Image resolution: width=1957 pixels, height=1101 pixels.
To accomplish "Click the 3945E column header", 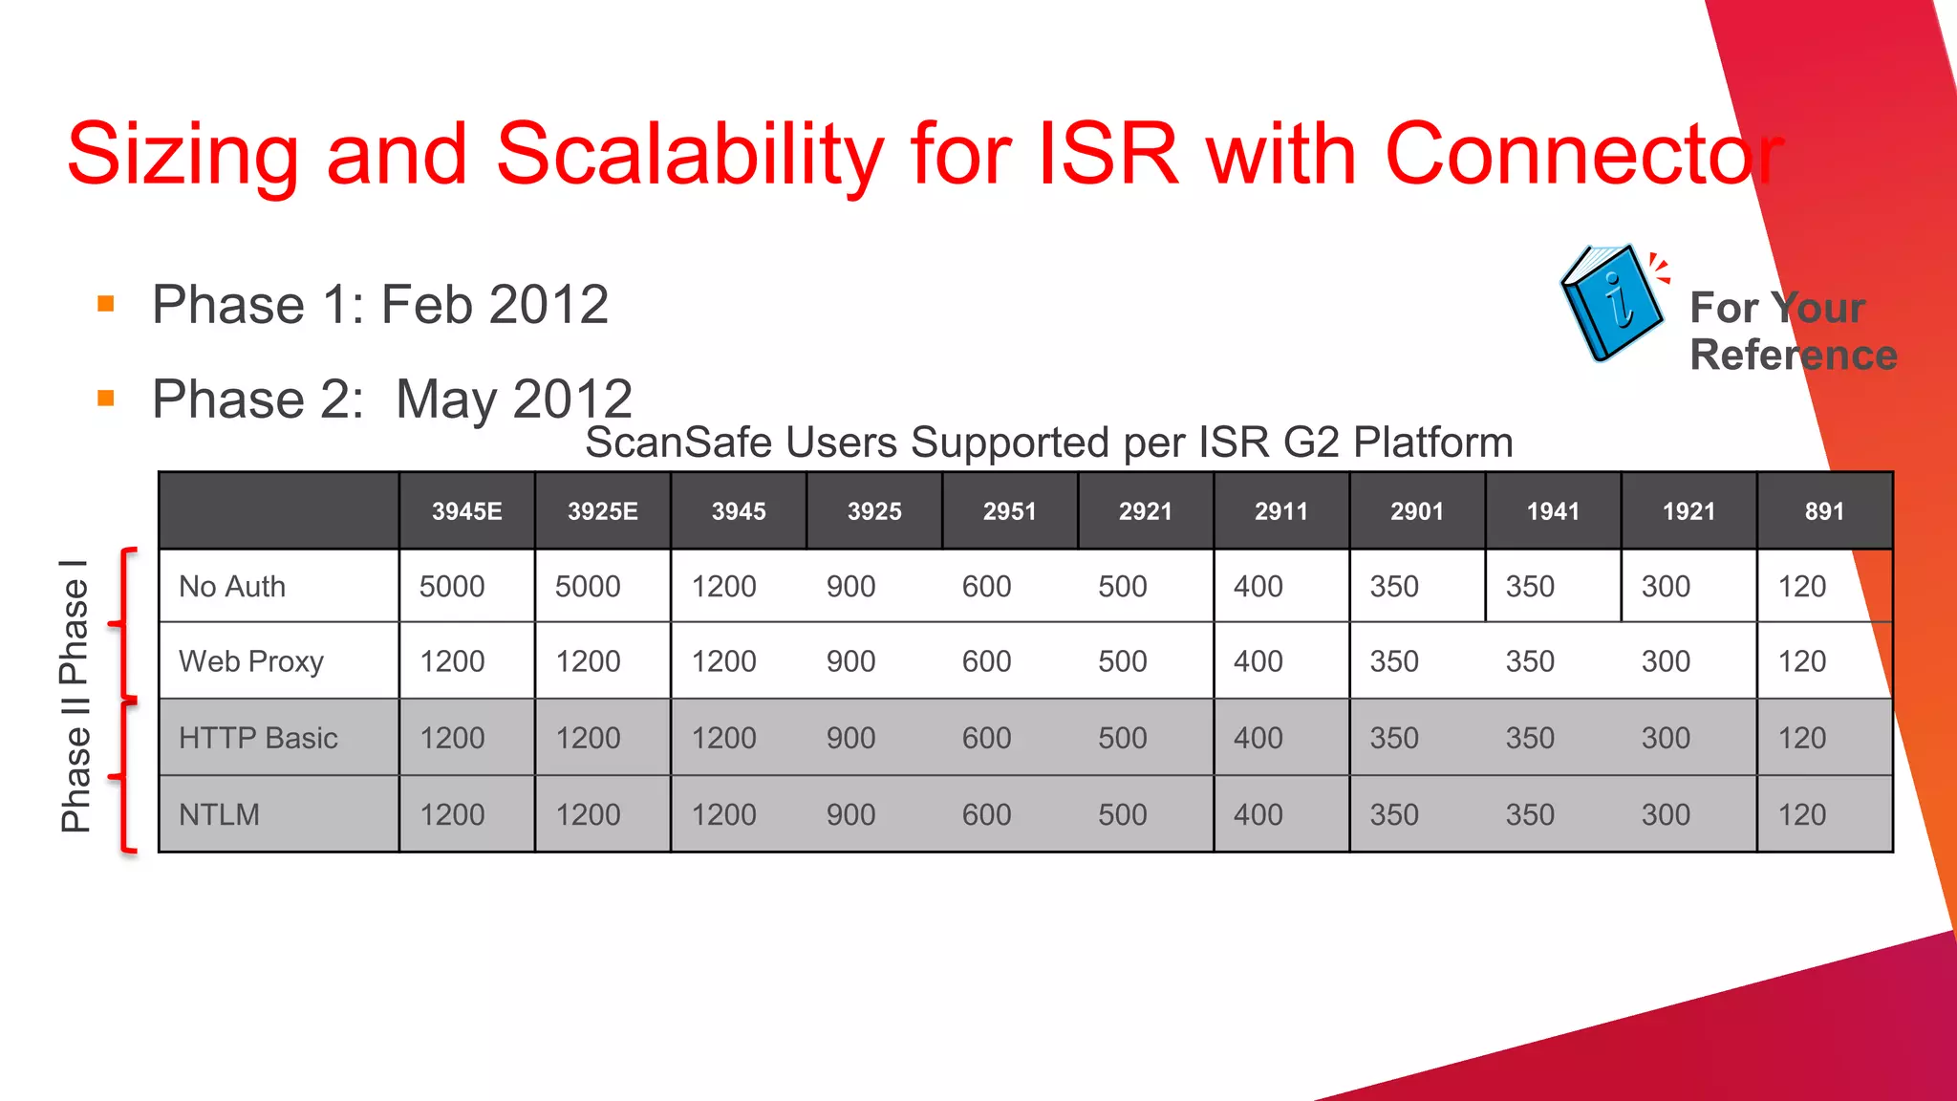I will pos(466,511).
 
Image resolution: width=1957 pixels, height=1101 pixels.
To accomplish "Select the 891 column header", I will pos(1824,511).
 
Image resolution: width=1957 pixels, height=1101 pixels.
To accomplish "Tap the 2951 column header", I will pos(1009,511).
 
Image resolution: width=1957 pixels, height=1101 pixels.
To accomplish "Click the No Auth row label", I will pos(232,586).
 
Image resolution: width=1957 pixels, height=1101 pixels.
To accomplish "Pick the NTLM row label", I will pos(219,814).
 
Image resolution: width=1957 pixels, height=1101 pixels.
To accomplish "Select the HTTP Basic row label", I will pos(258,738).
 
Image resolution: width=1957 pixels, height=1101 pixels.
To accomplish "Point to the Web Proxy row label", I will pos(251,661).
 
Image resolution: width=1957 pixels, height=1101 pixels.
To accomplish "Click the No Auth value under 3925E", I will pos(588,586).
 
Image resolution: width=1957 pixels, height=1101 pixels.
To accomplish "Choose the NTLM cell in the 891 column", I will pos(1801,814).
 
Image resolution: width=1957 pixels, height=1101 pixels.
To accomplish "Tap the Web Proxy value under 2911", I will pos(1258,661).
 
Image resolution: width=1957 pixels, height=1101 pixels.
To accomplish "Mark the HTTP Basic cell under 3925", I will pos(850,738).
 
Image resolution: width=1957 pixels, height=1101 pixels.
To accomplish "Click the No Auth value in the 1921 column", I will pos(1666,586).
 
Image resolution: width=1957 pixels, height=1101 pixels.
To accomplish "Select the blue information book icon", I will pos(1613,304).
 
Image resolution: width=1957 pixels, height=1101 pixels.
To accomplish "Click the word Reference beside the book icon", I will pos(1793,355).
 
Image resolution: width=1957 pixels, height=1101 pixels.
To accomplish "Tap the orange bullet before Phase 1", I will pos(106,305).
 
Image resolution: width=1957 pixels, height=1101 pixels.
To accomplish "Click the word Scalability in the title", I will pos(690,155).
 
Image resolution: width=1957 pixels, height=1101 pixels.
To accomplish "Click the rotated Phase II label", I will pos(75,774).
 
